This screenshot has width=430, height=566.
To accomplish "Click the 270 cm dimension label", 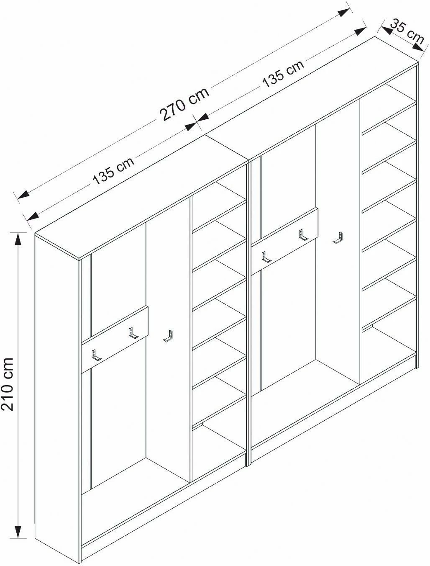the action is (184, 104).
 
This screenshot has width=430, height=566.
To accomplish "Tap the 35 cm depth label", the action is (407, 32).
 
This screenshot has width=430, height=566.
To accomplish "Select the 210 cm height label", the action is (7, 384).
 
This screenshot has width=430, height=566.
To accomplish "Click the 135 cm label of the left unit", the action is (113, 171).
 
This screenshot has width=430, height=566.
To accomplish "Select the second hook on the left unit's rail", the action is (133, 333).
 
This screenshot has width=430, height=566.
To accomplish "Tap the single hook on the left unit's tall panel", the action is (168, 336).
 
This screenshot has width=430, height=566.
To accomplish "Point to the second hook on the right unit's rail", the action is (303, 235).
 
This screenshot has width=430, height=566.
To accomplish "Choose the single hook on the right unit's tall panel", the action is (338, 237).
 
